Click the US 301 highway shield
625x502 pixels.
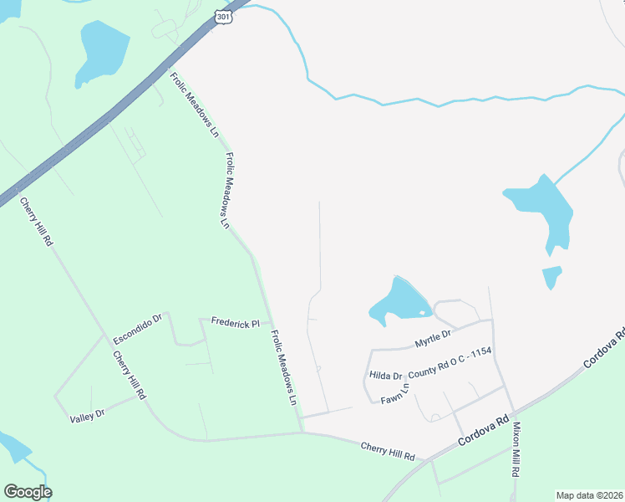pos(222,17)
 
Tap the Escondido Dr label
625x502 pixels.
pos(136,330)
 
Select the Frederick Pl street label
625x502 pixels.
pos(236,322)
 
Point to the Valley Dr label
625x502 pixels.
pos(88,414)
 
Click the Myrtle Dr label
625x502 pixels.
pos(433,338)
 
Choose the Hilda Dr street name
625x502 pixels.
pos(386,376)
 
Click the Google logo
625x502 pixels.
pos(28,492)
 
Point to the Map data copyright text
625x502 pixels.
pos(589,495)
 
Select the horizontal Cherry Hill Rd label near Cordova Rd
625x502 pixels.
pos(388,453)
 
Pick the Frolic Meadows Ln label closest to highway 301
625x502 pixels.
pos(193,104)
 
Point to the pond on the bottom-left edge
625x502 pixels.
pos(13,448)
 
